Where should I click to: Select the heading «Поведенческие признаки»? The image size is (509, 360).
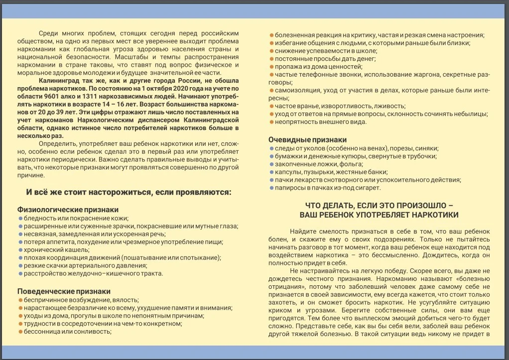[64, 291]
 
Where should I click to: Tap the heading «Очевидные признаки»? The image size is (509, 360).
[307, 140]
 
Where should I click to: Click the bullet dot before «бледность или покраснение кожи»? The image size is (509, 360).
[20, 218]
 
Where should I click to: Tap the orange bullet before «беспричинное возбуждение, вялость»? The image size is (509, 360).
[20, 300]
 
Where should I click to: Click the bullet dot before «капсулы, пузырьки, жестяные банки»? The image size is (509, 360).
[271, 172]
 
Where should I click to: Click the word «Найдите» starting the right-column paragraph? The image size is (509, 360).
[304, 232]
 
